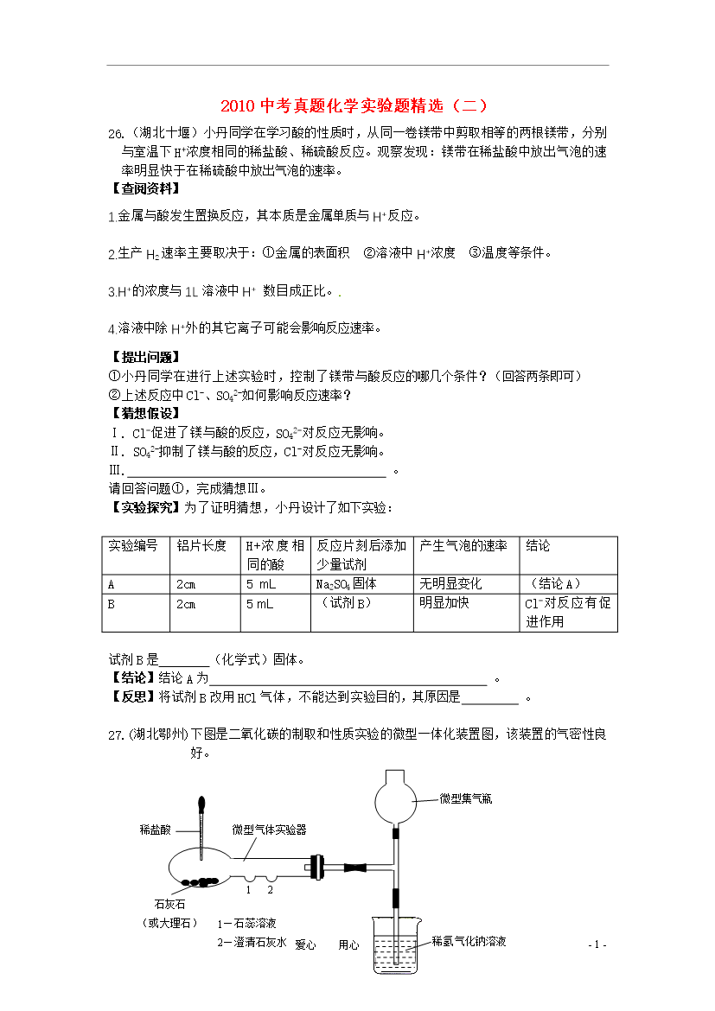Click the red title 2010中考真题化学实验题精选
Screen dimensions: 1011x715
click(x=355, y=106)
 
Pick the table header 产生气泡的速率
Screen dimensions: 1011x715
click(x=463, y=546)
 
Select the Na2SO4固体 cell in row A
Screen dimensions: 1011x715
click(x=347, y=583)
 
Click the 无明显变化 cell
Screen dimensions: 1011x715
click(x=450, y=583)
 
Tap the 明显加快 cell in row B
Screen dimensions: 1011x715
click(x=444, y=602)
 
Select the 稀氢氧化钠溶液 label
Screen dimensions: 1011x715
click(x=469, y=941)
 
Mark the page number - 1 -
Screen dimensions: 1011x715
click(x=597, y=944)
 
